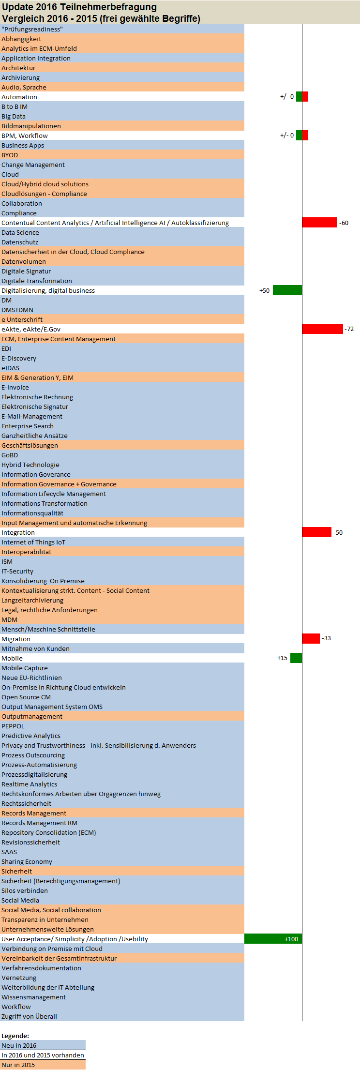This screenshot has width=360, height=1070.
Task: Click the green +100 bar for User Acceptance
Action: click(x=273, y=939)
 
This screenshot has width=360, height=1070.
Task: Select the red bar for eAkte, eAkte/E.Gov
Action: click(x=322, y=329)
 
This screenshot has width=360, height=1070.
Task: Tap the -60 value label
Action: click(x=344, y=223)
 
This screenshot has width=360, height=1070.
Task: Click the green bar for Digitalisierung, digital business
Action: click(x=287, y=290)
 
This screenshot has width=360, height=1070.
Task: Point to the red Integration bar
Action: click(x=316, y=532)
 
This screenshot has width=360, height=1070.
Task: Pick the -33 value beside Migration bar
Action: click(x=327, y=638)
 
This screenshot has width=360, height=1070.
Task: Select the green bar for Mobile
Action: click(x=296, y=658)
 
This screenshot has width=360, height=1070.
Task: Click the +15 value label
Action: click(x=282, y=658)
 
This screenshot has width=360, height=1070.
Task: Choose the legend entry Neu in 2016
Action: click(x=19, y=1045)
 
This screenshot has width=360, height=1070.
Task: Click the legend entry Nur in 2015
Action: click(x=18, y=1065)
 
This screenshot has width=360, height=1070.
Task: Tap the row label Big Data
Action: click(x=14, y=116)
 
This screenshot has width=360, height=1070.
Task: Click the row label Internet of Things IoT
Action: click(x=33, y=542)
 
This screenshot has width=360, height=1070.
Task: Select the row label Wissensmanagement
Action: click(x=33, y=997)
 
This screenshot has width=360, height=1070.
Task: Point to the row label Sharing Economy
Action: click(x=27, y=861)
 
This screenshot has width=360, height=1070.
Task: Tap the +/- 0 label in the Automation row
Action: click(x=287, y=97)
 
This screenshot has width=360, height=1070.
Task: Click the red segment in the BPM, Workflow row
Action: click(x=305, y=136)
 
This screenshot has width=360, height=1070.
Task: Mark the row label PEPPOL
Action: click(x=13, y=726)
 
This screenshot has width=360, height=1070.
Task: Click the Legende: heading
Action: click(x=15, y=1036)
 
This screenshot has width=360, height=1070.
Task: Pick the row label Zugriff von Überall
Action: click(x=29, y=1016)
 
